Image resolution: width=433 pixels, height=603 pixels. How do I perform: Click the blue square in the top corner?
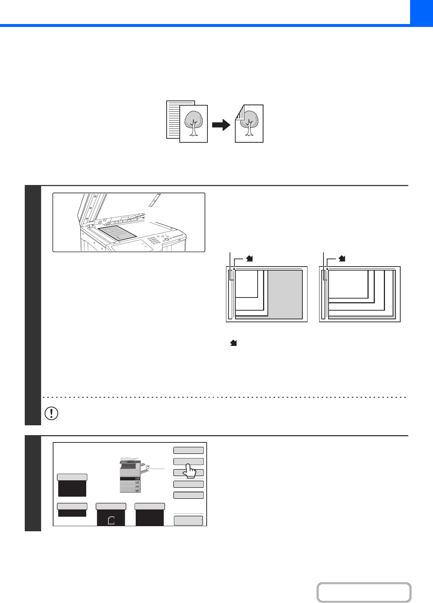pyautogui.click(x=421, y=12)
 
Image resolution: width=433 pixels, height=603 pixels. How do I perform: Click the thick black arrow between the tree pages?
pyautogui.click(x=221, y=125)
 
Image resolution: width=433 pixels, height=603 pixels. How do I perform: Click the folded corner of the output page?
pyautogui.click(x=239, y=113)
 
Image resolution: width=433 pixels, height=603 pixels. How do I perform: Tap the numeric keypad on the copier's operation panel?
pyautogui.click(x=155, y=241)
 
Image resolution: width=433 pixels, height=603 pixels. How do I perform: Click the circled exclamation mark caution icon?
pyautogui.click(x=51, y=413)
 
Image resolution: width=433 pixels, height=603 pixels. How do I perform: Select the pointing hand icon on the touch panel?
pyautogui.click(x=189, y=470)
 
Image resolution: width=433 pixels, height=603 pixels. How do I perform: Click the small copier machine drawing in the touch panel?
pyautogui.click(x=131, y=475)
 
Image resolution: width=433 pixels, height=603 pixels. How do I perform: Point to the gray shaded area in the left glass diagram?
pyautogui.click(x=285, y=294)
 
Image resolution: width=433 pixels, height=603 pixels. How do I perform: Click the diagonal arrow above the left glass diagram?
pyautogui.click(x=250, y=259)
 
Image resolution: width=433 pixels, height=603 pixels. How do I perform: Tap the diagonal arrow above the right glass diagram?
pyautogui.click(x=342, y=259)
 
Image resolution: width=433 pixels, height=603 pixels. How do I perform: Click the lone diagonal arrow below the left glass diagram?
pyautogui.click(x=233, y=343)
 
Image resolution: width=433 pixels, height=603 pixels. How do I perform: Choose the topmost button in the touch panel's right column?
pyautogui.click(x=188, y=450)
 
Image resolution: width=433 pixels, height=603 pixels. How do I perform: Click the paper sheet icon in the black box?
pyautogui.click(x=111, y=520)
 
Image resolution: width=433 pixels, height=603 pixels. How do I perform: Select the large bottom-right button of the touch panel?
pyautogui.click(x=188, y=521)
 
